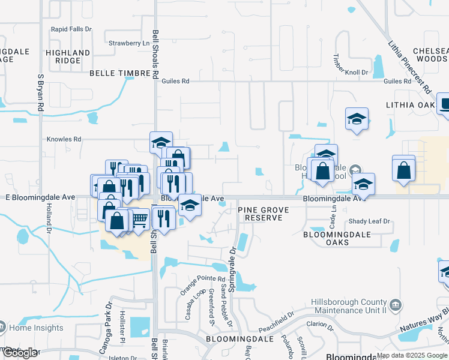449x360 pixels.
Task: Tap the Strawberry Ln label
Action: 129,43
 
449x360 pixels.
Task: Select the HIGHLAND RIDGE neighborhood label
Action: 68,57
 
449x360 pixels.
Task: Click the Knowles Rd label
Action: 64,139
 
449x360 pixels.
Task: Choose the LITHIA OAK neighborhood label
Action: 410,105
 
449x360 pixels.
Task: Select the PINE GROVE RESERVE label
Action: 264,214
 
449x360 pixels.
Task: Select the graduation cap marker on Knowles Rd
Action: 161,142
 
